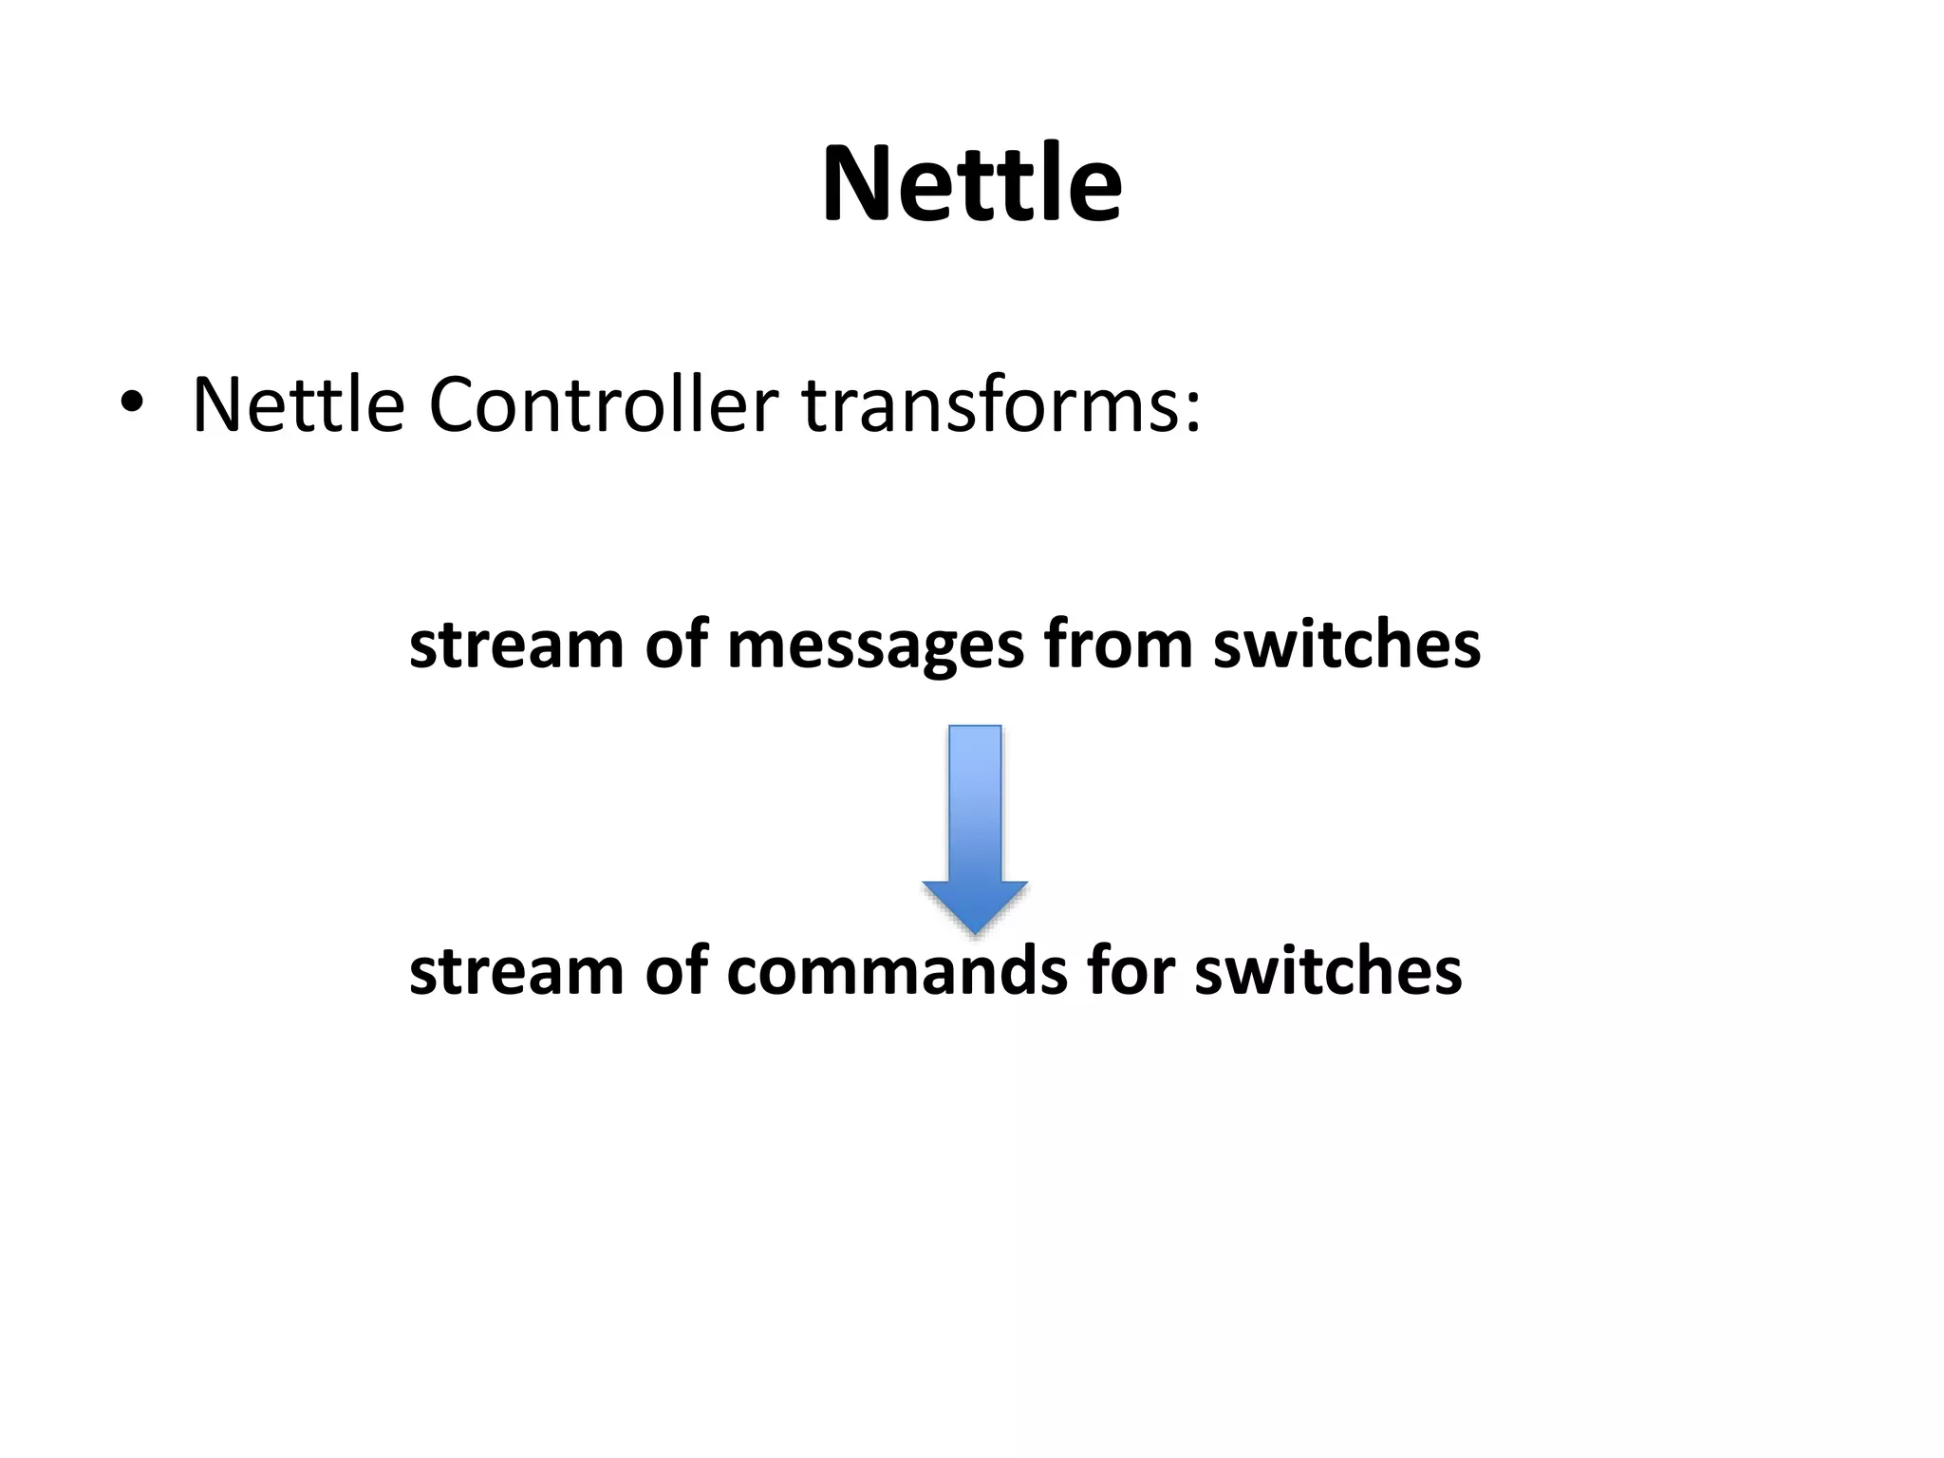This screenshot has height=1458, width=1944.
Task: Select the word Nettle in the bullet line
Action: click(x=298, y=405)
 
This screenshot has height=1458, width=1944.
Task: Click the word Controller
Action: click(x=604, y=405)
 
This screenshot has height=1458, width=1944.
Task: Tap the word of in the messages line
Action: click(x=676, y=645)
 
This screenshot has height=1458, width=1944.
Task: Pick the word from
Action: click(x=1117, y=645)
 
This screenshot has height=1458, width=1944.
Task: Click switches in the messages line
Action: click(x=1346, y=645)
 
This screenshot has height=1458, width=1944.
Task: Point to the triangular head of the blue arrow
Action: click(x=975, y=905)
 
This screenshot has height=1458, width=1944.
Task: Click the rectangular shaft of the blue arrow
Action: click(x=975, y=802)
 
